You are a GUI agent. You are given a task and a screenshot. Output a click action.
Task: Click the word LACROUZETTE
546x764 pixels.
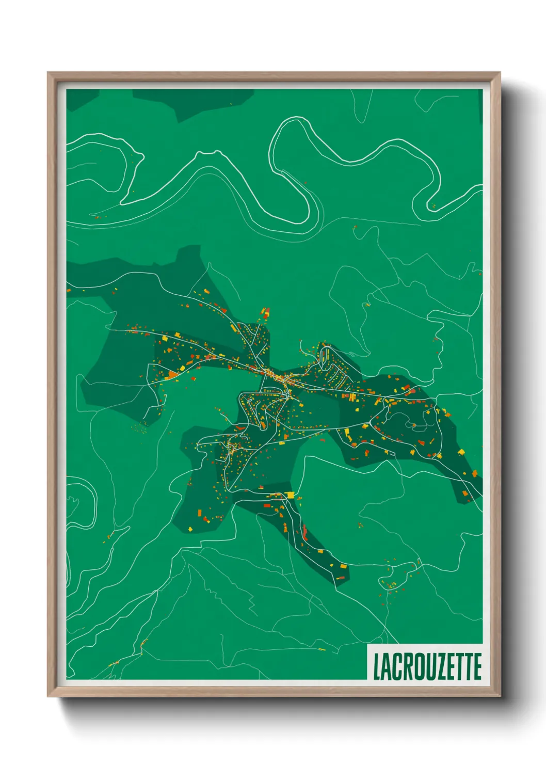click(x=427, y=666)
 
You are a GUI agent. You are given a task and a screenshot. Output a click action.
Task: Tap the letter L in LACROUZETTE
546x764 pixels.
click(x=377, y=666)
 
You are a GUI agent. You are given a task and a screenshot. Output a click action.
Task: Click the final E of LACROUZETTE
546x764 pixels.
click(x=477, y=666)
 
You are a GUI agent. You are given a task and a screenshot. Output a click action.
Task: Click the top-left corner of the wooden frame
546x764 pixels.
click(x=48, y=73)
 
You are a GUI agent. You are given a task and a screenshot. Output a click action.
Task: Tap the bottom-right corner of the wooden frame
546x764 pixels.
click(x=500, y=696)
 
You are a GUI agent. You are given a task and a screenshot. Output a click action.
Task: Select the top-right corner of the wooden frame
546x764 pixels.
click(x=500, y=73)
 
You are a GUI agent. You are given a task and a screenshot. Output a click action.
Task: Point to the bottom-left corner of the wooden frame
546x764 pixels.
click(x=48, y=696)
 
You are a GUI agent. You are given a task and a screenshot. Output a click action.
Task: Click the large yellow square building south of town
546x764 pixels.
click(x=291, y=495)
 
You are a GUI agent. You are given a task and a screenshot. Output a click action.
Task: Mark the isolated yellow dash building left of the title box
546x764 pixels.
click(x=322, y=649)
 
